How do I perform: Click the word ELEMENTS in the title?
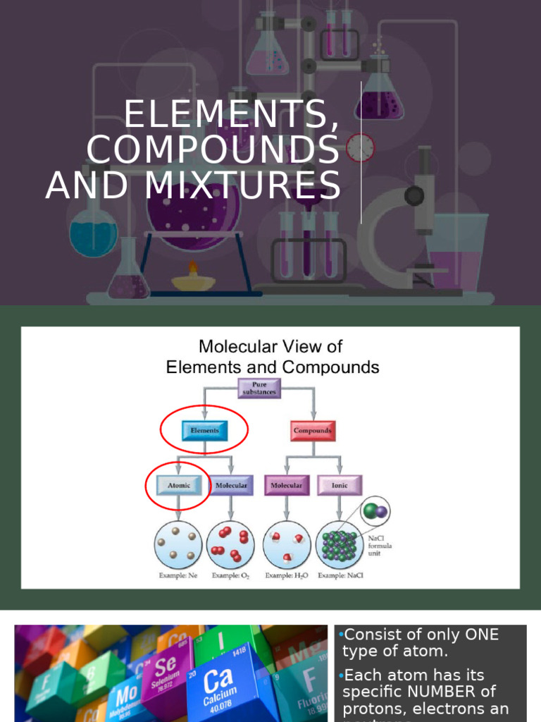[x=231, y=116]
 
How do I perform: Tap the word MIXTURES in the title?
[x=244, y=185]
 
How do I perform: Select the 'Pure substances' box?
[x=259, y=388]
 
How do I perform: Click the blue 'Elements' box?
[x=204, y=430]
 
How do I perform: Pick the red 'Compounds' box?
[x=313, y=430]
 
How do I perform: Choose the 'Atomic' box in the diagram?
[x=178, y=485]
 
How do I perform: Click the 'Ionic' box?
[x=340, y=485]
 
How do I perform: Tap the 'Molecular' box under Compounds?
[x=287, y=485]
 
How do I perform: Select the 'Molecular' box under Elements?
[x=231, y=485]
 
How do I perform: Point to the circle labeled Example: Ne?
[x=178, y=545]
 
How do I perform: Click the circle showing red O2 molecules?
[x=230, y=545]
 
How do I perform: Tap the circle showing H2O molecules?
[x=287, y=545]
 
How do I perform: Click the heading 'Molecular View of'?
[x=270, y=346]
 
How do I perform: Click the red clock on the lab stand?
[x=360, y=148]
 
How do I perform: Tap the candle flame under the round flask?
[x=193, y=268]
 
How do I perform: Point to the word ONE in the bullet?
[x=482, y=635]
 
